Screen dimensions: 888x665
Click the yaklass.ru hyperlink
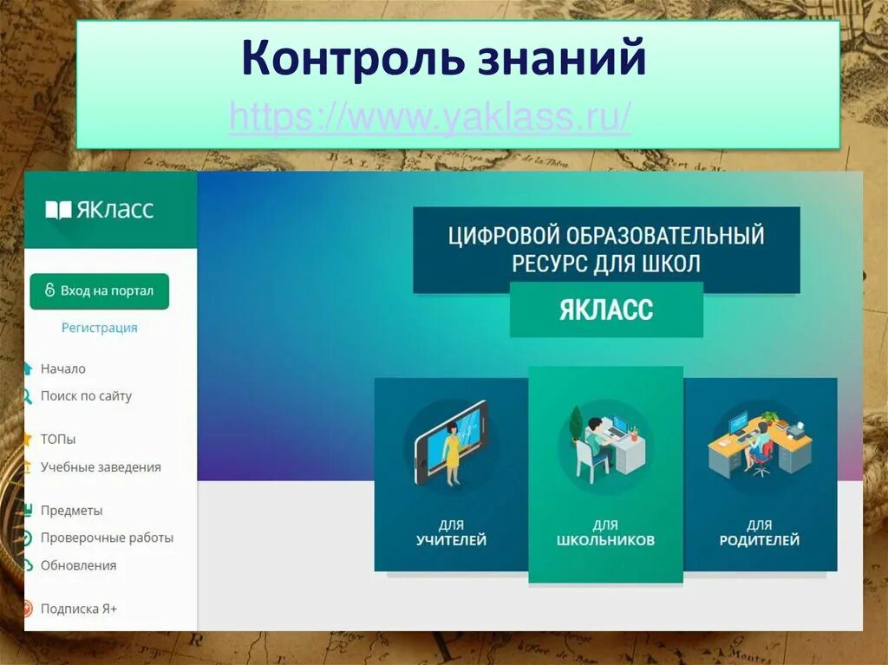(x=430, y=117)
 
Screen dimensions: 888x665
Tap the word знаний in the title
(x=561, y=58)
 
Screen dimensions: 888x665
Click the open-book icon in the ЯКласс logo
(x=58, y=210)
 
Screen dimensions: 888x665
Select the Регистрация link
(x=99, y=328)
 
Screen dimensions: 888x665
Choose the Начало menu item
(x=62, y=368)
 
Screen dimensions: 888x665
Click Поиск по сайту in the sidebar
(x=86, y=396)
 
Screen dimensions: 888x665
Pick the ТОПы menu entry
(x=58, y=440)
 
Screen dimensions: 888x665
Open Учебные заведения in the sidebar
(x=101, y=467)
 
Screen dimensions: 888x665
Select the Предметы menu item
(x=71, y=511)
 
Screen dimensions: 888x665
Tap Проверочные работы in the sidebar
(x=107, y=538)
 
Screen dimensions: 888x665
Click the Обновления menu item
(x=78, y=565)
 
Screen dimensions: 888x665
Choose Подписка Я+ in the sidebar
(x=79, y=609)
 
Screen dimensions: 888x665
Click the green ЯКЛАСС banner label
(x=606, y=310)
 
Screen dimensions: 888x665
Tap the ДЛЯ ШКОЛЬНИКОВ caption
(x=605, y=533)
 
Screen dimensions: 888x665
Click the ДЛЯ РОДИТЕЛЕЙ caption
(x=760, y=533)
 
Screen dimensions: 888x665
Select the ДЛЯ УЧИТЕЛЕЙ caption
(x=451, y=533)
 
